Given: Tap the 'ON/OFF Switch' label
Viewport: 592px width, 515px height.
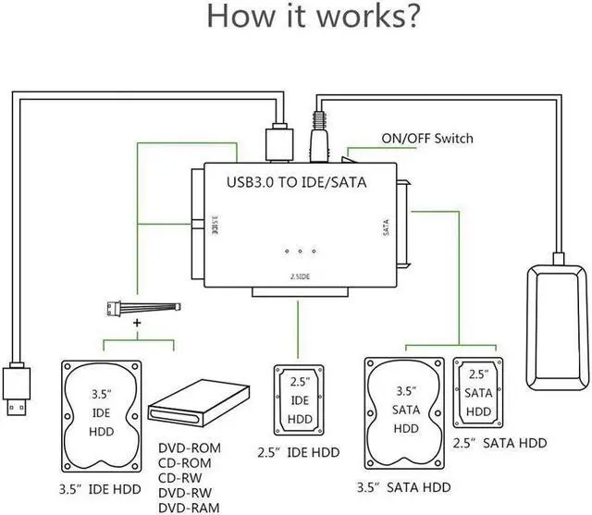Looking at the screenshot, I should pos(427,139).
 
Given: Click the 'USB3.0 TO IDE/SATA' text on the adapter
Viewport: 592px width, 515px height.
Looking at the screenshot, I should pos(297,182).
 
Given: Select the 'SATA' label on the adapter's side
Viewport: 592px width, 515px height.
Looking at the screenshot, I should pos(387,227).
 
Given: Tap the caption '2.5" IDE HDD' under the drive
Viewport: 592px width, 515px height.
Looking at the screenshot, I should pos(298,453).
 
